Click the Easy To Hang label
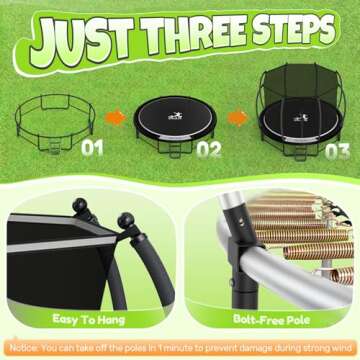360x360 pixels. pyautogui.click(x=91, y=319)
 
